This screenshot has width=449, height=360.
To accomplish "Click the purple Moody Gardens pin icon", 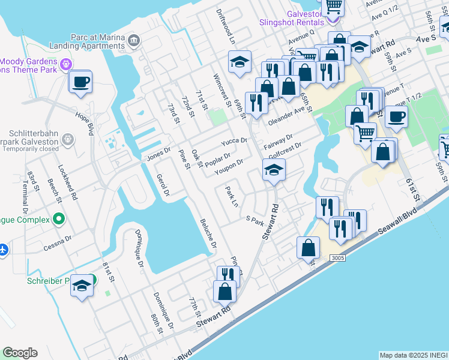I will point(66,64).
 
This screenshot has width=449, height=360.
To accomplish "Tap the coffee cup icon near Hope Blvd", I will point(80,82).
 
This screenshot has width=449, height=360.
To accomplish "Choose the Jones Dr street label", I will point(159,154).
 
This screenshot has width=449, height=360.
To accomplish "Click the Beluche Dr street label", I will point(208,233).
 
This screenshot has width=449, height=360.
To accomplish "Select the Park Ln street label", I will point(232,197).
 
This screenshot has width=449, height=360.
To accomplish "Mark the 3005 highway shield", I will point(338,257).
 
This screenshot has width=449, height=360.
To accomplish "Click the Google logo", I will point(20,353).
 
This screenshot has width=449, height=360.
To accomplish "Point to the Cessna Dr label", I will point(56,241).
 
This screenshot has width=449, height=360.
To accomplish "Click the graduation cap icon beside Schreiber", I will point(82,287).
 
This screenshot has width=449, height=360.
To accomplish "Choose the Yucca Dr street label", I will point(234,141).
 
